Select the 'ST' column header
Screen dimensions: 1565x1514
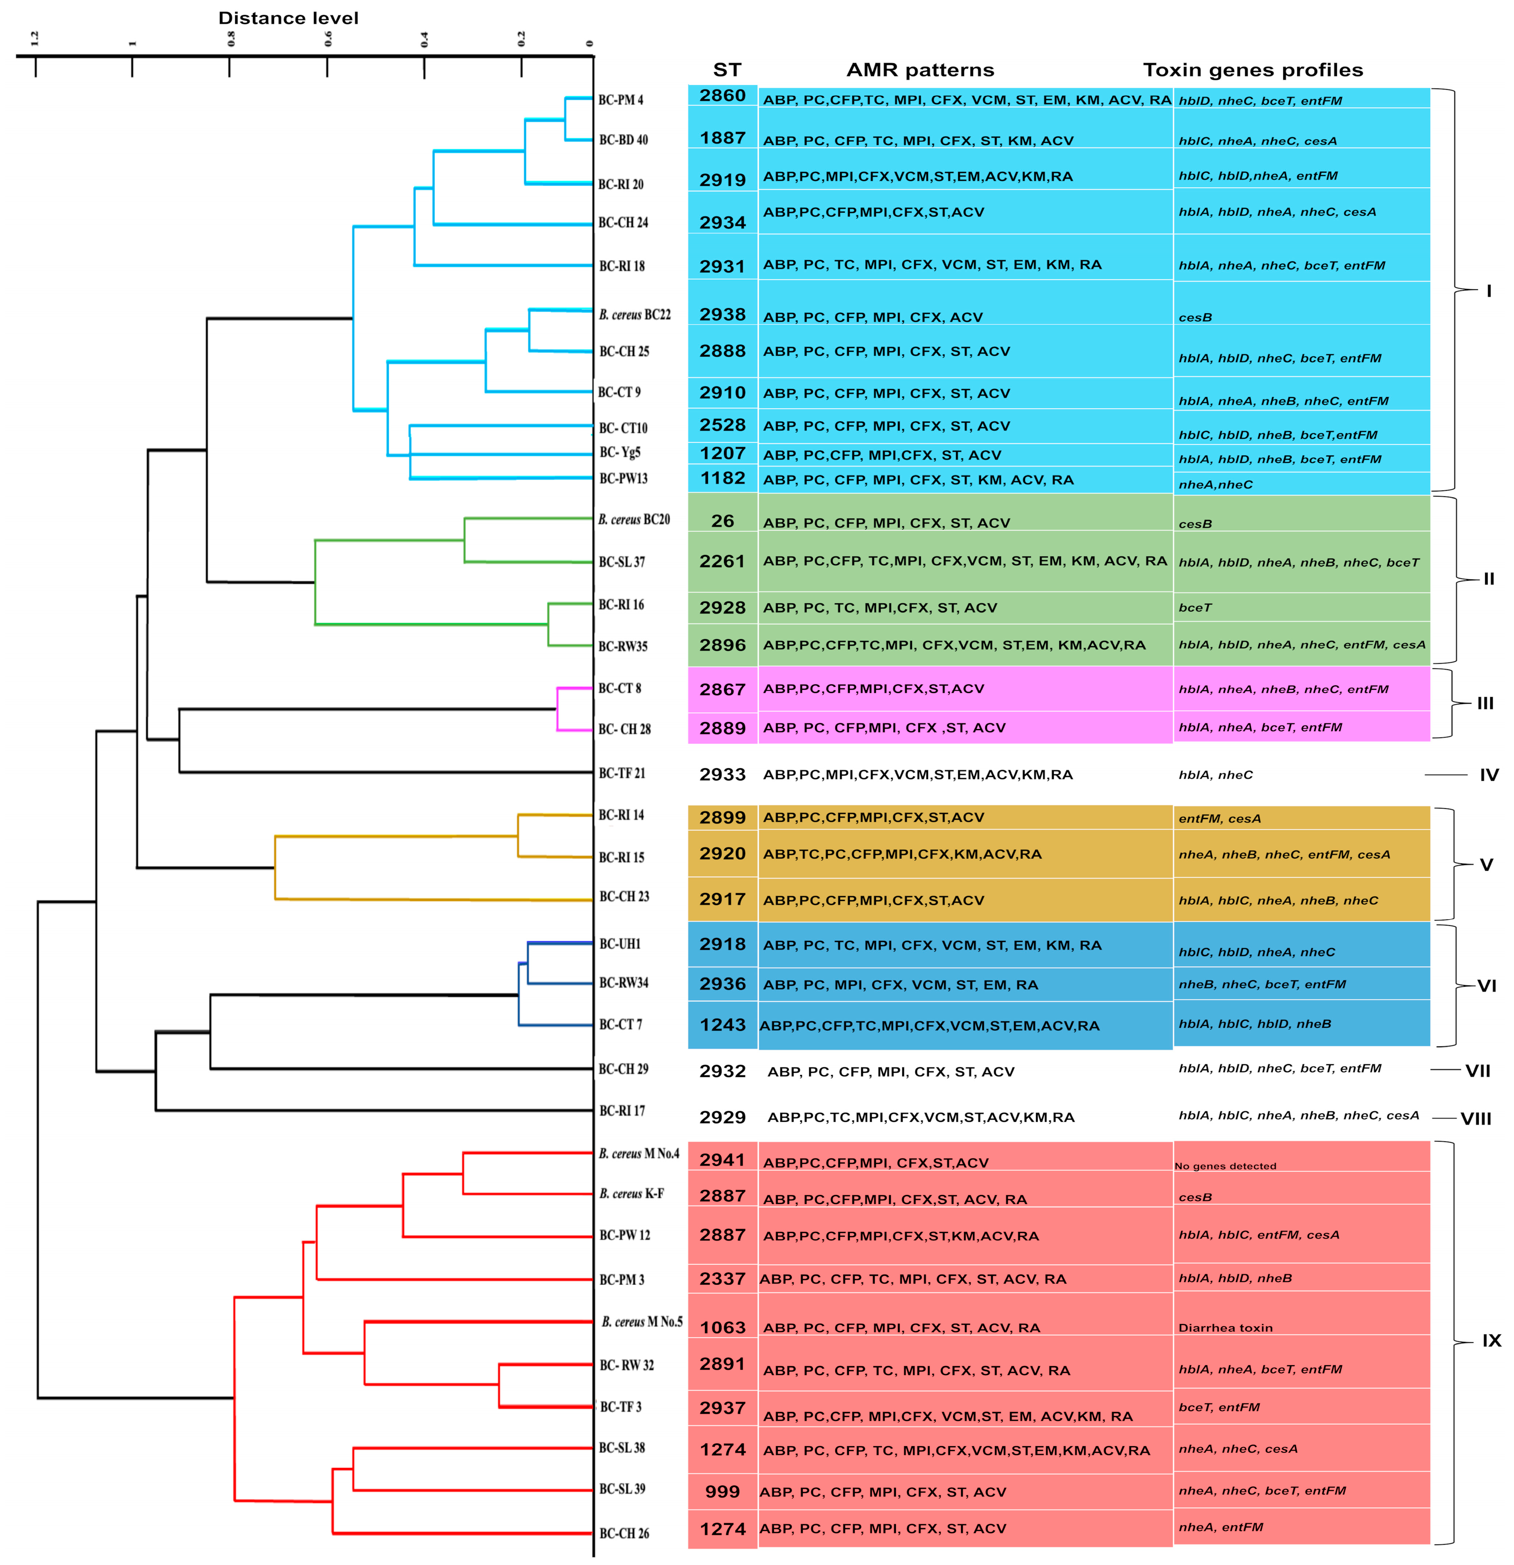pos(726,70)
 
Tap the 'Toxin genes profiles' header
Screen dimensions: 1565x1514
pos(1252,70)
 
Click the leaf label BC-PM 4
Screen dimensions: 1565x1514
pos(620,100)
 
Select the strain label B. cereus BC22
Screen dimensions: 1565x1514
pos(635,314)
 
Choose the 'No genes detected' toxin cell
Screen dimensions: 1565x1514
pos(1225,1166)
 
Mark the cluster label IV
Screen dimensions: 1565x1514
pos(1488,774)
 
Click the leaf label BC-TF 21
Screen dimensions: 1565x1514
pos(622,773)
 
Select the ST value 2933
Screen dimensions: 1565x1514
pos(722,774)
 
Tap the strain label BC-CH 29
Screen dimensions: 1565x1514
pos(623,1068)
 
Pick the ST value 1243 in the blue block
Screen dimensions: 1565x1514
pos(722,1025)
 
